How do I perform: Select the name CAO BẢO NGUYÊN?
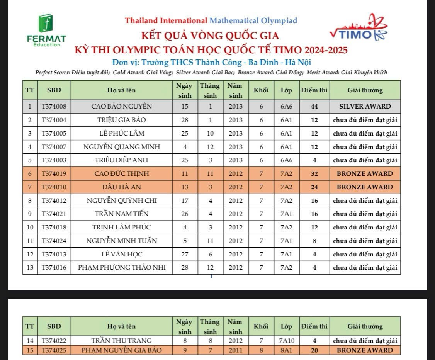[x=121, y=106]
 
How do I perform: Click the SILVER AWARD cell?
[x=365, y=106]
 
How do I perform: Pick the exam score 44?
[x=314, y=106]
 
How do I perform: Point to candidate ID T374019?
[x=54, y=173]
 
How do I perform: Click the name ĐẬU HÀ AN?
[x=121, y=187]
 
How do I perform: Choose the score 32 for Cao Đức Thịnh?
[x=314, y=173]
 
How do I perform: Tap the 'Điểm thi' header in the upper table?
[x=314, y=90]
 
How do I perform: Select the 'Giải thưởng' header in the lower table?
[x=365, y=326]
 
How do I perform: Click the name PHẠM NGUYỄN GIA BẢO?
[x=121, y=350]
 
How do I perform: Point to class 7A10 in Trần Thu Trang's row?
[x=286, y=341]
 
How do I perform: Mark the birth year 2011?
[x=235, y=350]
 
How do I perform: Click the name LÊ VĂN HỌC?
[x=121, y=254]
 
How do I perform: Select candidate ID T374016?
[x=54, y=268]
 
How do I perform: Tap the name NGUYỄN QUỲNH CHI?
[x=121, y=200]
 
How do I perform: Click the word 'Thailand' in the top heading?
[x=141, y=20]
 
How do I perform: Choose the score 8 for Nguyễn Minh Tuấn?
[x=314, y=241]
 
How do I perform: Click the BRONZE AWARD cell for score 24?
[x=365, y=187]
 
